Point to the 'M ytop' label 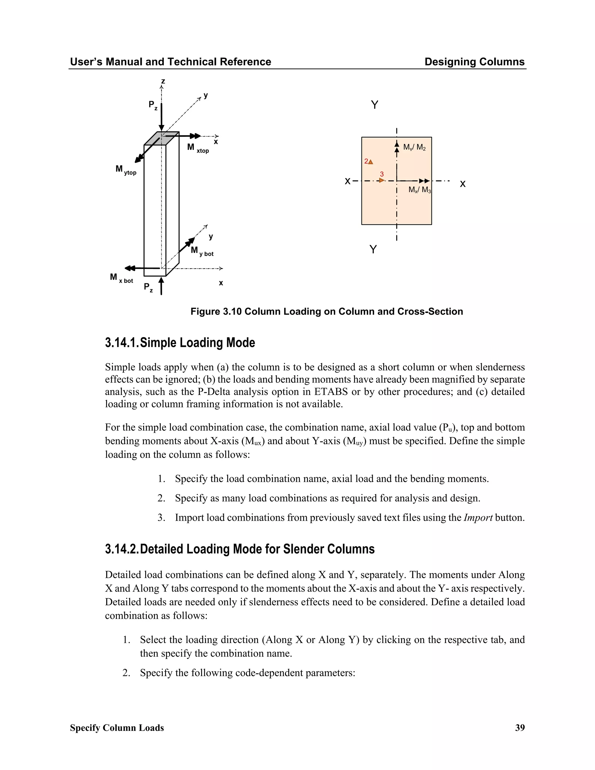pos(126,170)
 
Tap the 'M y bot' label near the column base pos(202,251)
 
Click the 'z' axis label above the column pos(163,81)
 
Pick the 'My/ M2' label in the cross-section pos(414,147)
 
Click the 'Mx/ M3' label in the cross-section pos(420,190)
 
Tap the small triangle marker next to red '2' pos(370,162)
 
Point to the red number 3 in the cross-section pos(382,174)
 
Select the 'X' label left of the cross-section pos(347,182)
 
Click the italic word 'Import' pos(478,517)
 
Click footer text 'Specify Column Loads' pos(117,728)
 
